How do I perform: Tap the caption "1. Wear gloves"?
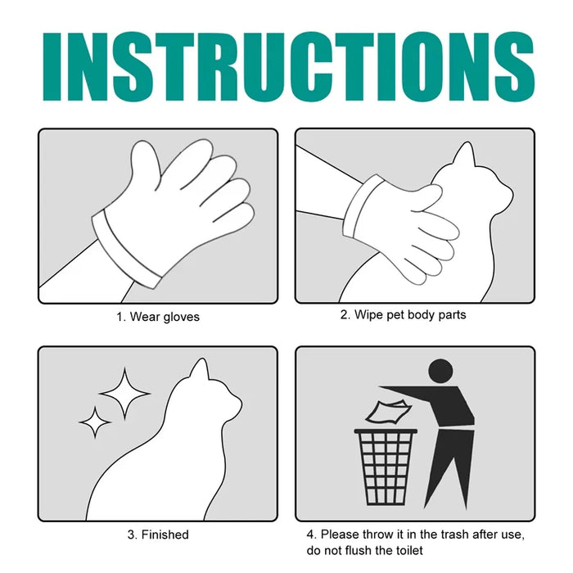[157, 317]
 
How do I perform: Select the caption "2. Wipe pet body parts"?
[403, 315]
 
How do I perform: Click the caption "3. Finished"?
[157, 535]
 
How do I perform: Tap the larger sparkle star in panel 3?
[124, 393]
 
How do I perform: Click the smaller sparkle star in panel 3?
[95, 422]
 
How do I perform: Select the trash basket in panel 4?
[386, 467]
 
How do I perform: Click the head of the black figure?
[440, 371]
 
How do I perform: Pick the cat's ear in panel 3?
[200, 373]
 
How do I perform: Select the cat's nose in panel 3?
[240, 402]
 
